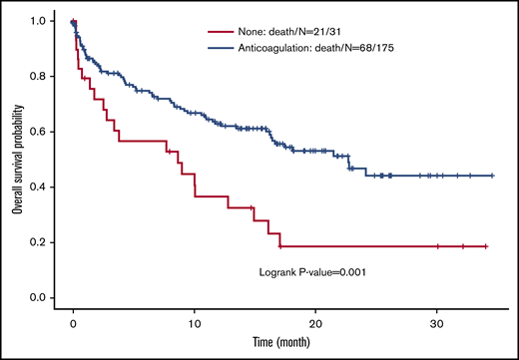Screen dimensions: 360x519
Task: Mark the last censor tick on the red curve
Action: click(x=484, y=246)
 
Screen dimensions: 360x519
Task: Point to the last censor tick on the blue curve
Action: click(x=492, y=176)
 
